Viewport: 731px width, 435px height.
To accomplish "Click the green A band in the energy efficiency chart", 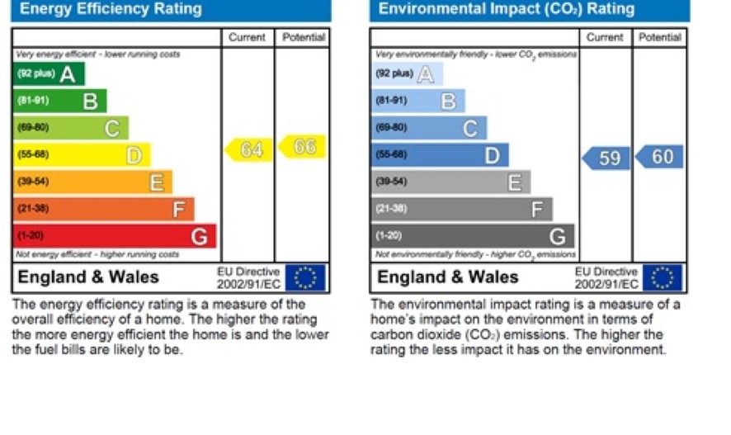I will click(49, 74).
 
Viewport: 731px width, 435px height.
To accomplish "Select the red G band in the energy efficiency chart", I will click(114, 236).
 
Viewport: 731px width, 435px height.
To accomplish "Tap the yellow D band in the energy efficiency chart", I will click(81, 155).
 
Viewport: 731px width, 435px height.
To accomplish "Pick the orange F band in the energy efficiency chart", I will click(103, 209).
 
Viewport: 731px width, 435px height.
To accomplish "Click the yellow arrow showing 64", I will click(249, 149).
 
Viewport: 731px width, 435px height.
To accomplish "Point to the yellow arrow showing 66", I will click(303, 147).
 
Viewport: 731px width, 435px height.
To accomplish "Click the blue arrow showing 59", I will click(606, 158).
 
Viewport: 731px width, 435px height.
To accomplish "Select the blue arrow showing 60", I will click(660, 157).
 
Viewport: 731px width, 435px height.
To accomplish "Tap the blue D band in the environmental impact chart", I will click(439, 155).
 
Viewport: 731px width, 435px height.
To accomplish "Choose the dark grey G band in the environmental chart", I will click(472, 236).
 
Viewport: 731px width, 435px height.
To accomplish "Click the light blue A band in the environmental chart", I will click(407, 74).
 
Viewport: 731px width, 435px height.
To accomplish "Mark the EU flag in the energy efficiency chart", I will click(304, 277).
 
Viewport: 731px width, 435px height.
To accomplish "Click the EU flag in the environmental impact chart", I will click(663, 277).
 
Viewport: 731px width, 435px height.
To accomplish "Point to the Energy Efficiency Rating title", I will click(111, 10).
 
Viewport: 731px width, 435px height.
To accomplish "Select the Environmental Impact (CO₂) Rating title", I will click(507, 10).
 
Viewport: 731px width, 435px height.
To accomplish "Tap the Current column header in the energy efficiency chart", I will click(247, 37).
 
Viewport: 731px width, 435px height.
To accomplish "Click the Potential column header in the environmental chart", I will click(659, 37).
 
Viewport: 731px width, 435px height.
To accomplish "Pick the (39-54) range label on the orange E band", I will click(34, 182).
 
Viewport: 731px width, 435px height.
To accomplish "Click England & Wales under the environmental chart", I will click(448, 277).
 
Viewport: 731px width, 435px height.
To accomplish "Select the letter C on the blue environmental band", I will click(470, 128).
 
